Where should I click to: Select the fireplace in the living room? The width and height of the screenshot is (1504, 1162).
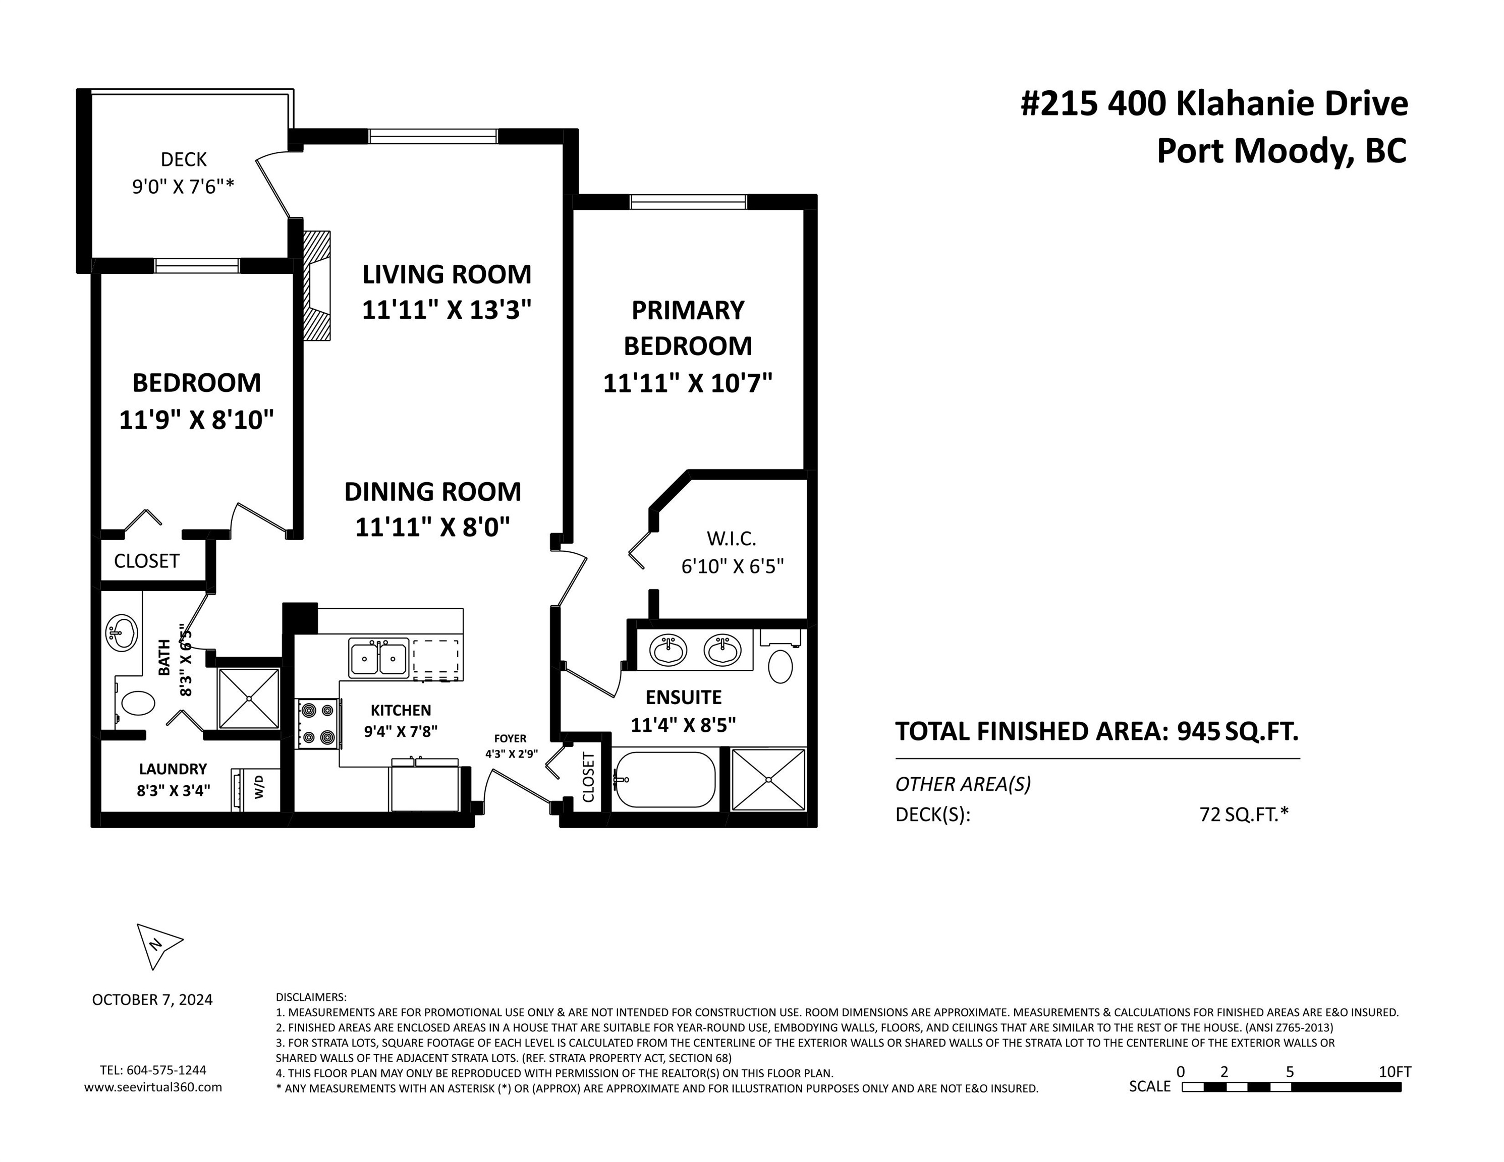(x=317, y=285)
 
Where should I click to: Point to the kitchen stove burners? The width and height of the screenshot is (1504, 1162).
(x=318, y=724)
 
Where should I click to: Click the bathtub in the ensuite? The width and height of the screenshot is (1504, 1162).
(x=664, y=779)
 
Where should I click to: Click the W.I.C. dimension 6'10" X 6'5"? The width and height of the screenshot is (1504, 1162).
(x=733, y=566)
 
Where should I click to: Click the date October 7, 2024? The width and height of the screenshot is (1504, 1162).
(x=152, y=1000)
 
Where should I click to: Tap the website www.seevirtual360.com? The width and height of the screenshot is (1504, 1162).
(x=153, y=1087)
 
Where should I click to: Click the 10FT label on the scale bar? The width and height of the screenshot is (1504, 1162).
(x=1395, y=1072)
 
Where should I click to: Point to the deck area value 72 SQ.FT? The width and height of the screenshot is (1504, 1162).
(x=1244, y=815)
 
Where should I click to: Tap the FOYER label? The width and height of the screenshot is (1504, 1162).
(x=510, y=739)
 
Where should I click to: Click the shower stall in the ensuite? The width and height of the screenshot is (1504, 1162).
(x=768, y=780)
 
